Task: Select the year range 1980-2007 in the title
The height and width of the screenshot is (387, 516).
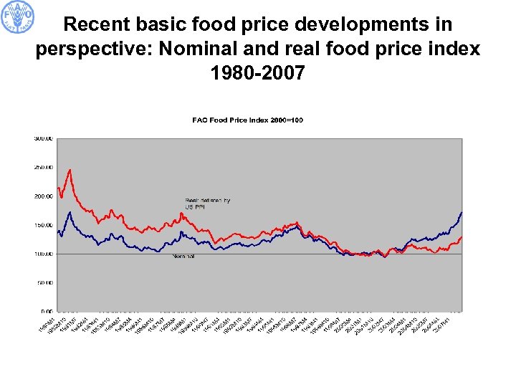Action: [x=258, y=72]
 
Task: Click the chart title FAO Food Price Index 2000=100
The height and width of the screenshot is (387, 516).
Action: [x=247, y=120]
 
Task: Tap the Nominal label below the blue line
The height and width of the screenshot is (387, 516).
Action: [x=183, y=256]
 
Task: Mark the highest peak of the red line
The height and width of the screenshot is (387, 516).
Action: [x=70, y=170]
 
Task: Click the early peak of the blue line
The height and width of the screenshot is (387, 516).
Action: [x=70, y=212]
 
